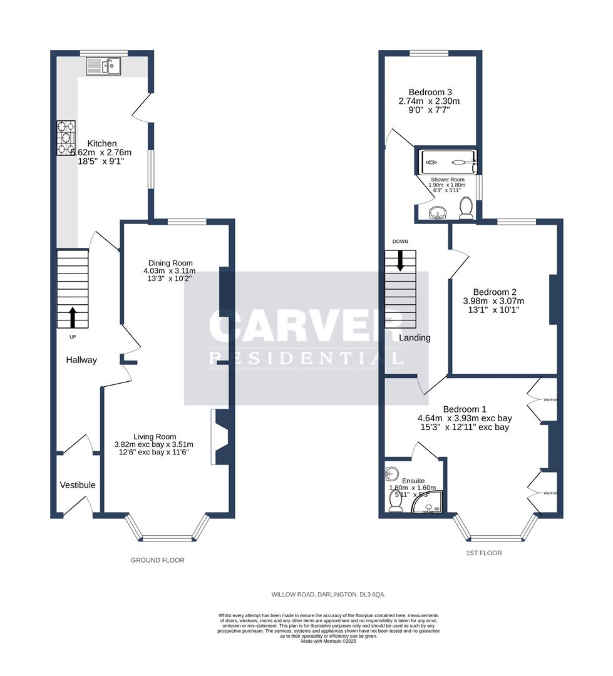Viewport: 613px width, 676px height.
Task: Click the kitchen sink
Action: click(x=104, y=65)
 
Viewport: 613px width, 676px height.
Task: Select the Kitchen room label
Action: click(x=101, y=143)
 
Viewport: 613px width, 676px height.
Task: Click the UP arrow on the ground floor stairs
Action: click(x=73, y=317)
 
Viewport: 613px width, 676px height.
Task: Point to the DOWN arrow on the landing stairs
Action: click(x=399, y=260)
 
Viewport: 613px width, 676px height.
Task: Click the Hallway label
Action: click(x=82, y=360)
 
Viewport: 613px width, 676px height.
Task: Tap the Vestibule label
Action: click(x=78, y=485)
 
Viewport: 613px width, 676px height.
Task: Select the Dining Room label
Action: click(x=170, y=263)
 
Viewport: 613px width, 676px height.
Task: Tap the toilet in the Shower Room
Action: click(x=465, y=208)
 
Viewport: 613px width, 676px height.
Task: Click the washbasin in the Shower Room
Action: click(x=435, y=215)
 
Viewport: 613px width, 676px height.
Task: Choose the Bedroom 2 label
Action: click(x=495, y=292)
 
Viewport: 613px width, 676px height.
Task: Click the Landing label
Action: click(x=415, y=338)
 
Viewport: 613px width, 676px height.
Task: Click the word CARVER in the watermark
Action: click(x=306, y=326)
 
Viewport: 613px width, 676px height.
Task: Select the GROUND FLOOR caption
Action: click(x=158, y=560)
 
